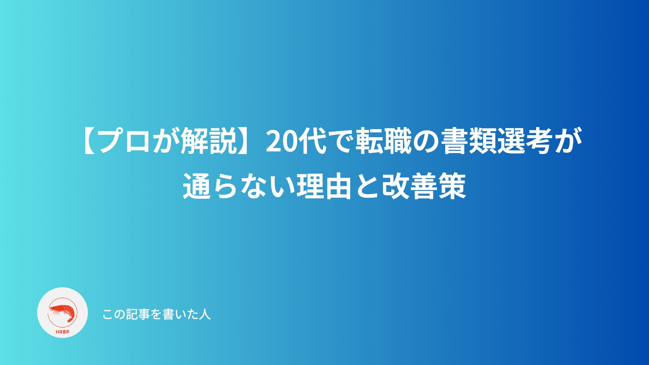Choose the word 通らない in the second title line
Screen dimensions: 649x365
pos(239,186)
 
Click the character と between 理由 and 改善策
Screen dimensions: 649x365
pos(367,186)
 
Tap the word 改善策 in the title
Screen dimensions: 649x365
pos(424,186)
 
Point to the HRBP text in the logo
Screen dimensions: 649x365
pos(63,332)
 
